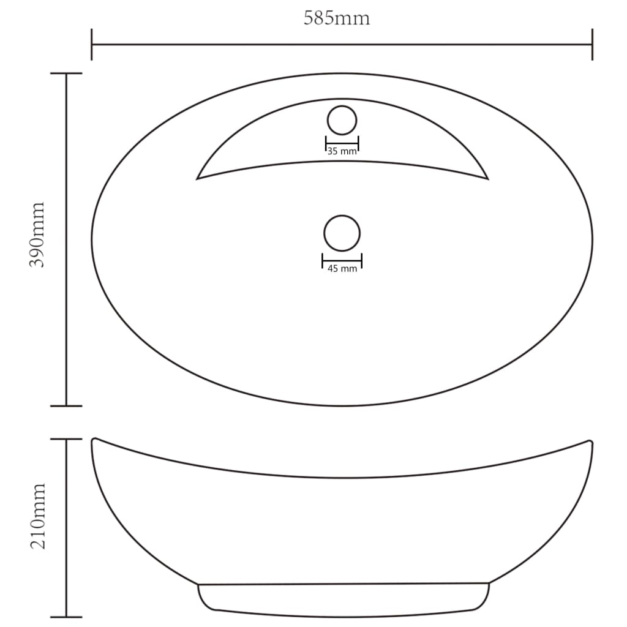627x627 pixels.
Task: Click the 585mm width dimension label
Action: (x=337, y=18)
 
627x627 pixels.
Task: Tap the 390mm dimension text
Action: (x=38, y=235)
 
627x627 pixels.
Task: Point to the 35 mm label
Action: (x=342, y=151)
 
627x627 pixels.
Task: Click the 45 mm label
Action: (x=342, y=268)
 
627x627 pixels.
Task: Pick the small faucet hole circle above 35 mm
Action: (x=342, y=120)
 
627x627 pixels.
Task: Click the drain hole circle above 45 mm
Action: (x=342, y=233)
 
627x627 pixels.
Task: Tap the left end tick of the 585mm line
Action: (x=92, y=44)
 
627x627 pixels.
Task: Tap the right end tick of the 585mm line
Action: (x=592, y=44)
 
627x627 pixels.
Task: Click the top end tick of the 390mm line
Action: (x=66, y=73)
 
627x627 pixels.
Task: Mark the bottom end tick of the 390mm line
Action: (x=66, y=405)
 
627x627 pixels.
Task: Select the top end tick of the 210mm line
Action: (x=66, y=439)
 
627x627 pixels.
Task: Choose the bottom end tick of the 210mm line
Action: (x=66, y=617)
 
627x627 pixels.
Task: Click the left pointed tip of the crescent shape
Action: (x=198, y=178)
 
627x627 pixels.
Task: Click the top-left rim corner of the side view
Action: (x=94, y=440)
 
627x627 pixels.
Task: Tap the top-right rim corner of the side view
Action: (x=590, y=441)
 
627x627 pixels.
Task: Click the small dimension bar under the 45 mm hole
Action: (x=342, y=261)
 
